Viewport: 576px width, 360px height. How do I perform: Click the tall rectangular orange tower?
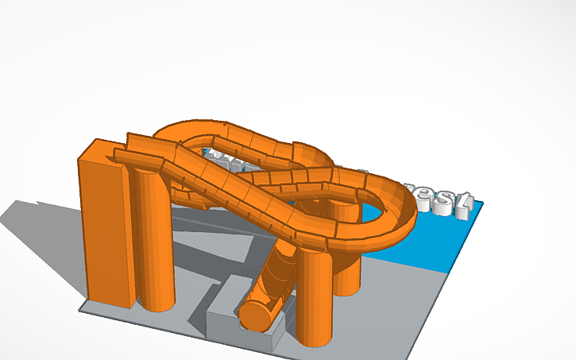click(103, 230)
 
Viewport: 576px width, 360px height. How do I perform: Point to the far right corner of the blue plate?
click(481, 202)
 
